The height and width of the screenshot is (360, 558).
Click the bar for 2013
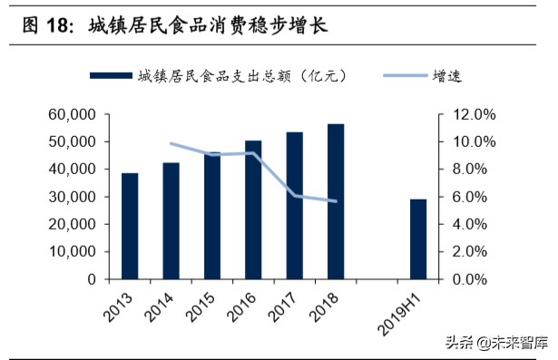130,226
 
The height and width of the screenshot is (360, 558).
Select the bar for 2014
171,220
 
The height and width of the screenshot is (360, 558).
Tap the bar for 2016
253,209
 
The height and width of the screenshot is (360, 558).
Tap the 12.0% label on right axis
474,115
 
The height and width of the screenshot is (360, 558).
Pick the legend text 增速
447,75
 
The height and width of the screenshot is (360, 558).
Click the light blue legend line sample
402,75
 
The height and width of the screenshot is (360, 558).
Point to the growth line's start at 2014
171,143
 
